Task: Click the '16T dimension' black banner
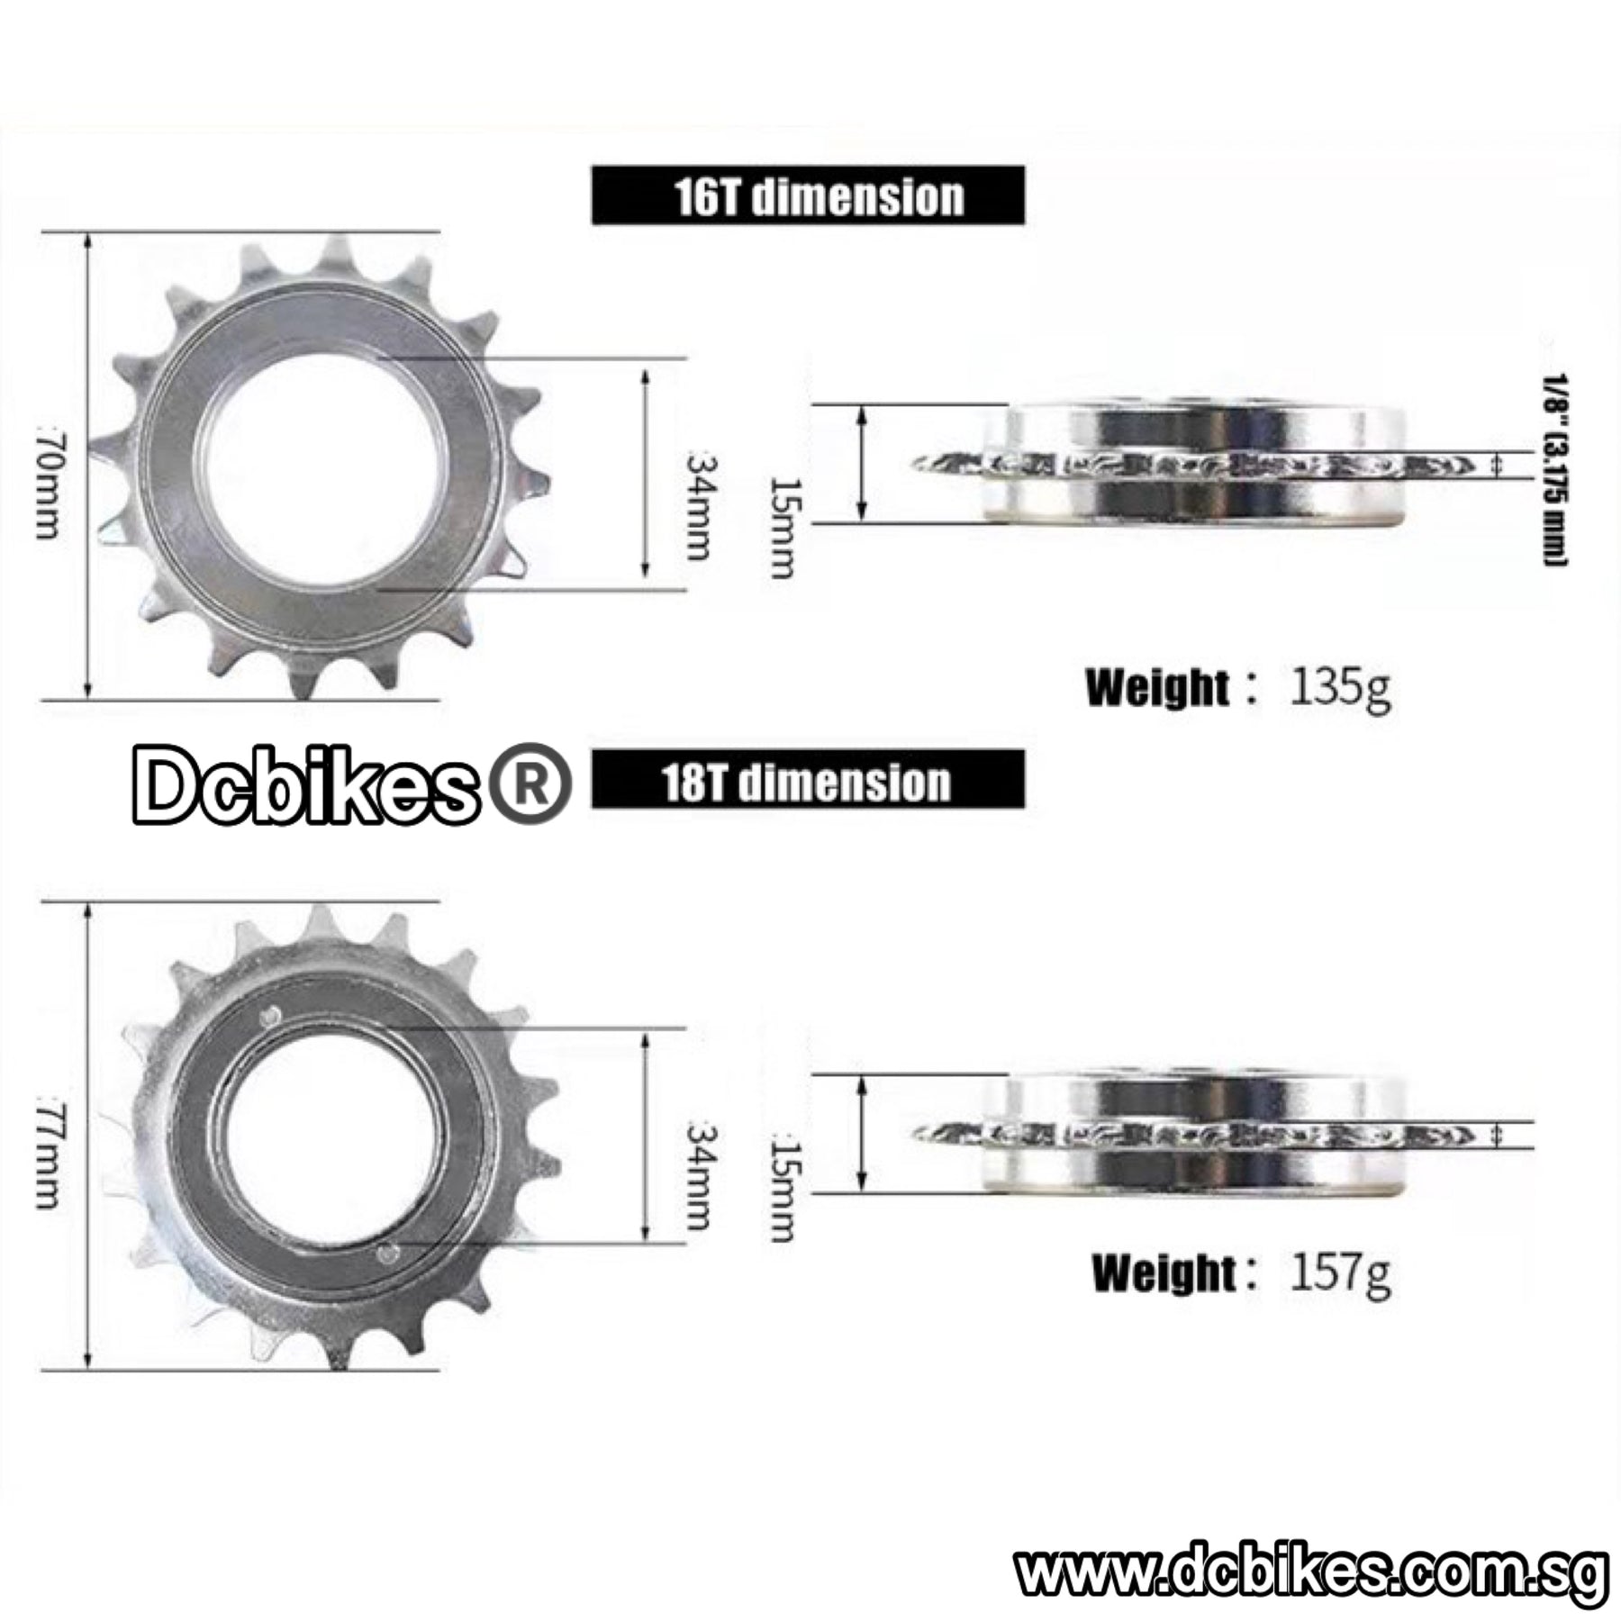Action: coord(808,195)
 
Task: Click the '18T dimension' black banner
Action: coord(808,780)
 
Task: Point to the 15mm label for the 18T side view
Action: coord(783,1191)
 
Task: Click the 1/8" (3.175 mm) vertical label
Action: coord(1556,469)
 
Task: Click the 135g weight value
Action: coord(1340,688)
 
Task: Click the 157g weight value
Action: coord(1340,1272)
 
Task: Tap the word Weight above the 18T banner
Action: coord(1156,688)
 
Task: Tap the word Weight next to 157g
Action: coord(1163,1273)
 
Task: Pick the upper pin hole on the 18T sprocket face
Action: coord(268,1017)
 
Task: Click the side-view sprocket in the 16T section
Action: coord(1198,465)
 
